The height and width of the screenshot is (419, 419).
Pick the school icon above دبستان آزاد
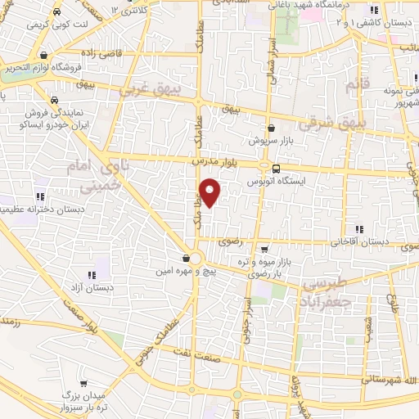[94, 275]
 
